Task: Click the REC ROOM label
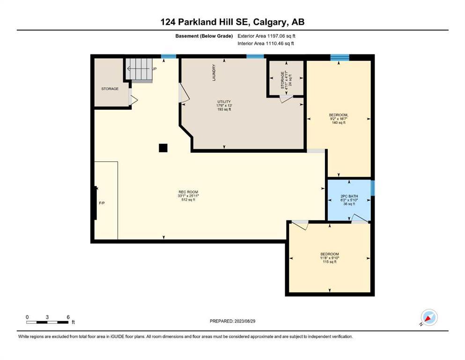tap(188, 192)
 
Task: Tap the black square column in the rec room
tap(163, 148)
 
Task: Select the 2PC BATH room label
tap(349, 196)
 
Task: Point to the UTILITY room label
tap(224, 102)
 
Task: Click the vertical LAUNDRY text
tap(214, 73)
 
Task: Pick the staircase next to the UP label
tap(139, 69)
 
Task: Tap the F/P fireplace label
tap(102, 203)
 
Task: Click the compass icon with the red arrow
tap(429, 317)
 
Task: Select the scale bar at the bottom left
tap(47, 322)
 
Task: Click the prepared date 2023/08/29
tap(245, 321)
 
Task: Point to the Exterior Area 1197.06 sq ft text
tap(266, 36)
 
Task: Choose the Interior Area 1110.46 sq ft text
tap(266, 43)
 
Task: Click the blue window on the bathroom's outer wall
tap(373, 188)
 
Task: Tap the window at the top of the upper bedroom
tap(340, 58)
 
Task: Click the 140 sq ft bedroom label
tap(339, 119)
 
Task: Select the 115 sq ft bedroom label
tap(330, 258)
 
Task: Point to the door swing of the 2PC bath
tap(360, 218)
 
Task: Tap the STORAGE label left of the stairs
tap(110, 89)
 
